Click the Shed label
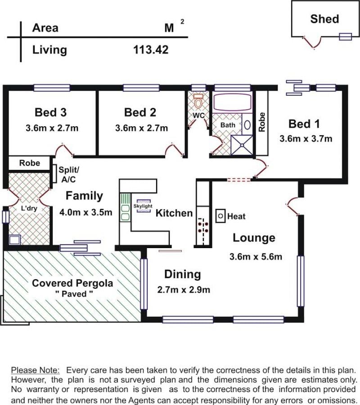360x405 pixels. (x=324, y=19)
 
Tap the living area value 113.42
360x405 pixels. (x=151, y=49)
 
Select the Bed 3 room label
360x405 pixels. (x=51, y=112)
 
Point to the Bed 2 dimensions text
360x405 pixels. (x=141, y=128)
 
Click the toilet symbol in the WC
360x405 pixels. (x=198, y=101)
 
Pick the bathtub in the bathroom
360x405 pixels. (x=232, y=102)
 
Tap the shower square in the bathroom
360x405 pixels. (x=242, y=146)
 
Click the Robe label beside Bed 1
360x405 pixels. (x=262, y=122)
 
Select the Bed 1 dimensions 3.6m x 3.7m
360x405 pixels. (x=306, y=139)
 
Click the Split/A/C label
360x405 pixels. (x=69, y=174)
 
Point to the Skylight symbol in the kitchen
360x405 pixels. (x=143, y=206)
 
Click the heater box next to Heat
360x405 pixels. (x=220, y=216)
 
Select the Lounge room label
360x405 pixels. (x=254, y=238)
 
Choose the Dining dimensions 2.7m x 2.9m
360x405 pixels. (x=184, y=289)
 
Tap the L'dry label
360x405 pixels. (x=29, y=208)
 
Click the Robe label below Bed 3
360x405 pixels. (x=30, y=163)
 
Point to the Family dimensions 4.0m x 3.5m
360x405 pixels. (x=86, y=212)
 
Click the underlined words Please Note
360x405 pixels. (x=35, y=370)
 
